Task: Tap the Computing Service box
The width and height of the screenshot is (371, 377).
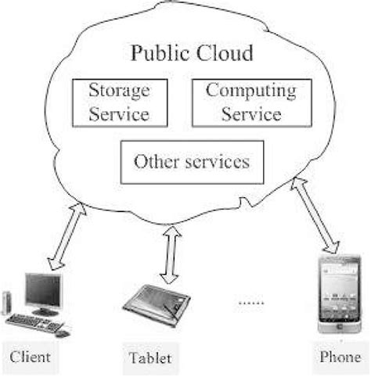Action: [x=243, y=102]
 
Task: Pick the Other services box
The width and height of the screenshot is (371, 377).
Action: [x=191, y=162]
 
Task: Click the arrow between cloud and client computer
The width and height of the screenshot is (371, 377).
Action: [x=61, y=232]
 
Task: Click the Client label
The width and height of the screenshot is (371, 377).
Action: [x=31, y=357]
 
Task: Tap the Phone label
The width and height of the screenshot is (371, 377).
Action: [x=340, y=357]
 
